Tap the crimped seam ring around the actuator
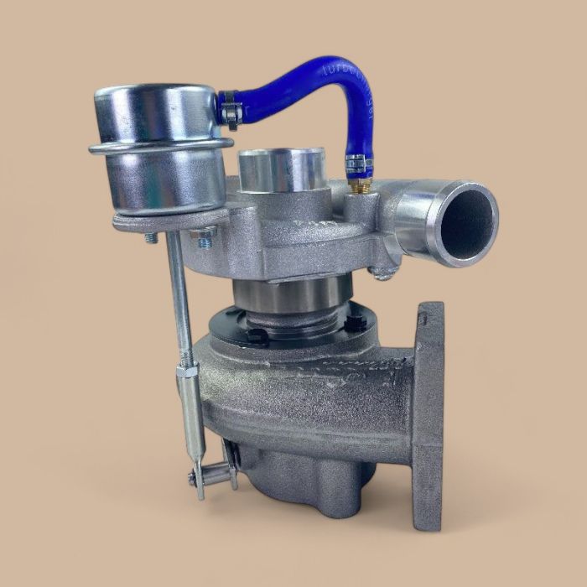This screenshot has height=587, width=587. [x=159, y=148]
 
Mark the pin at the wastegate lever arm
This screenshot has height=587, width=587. [x=194, y=478]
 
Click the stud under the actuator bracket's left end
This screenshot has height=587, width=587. [x=151, y=238]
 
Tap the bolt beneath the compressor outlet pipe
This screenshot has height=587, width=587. [x=385, y=272]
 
